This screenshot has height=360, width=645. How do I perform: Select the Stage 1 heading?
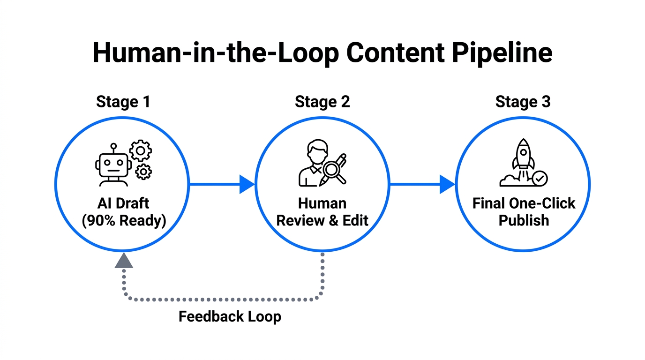[123, 102]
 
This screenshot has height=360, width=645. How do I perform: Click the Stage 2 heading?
[322, 102]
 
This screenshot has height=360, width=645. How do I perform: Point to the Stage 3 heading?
[523, 102]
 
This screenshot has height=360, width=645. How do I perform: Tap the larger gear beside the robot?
[141, 151]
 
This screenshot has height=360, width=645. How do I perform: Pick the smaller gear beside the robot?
[143, 172]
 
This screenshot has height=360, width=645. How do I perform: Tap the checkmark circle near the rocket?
[540, 178]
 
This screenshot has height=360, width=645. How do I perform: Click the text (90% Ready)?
[124, 220]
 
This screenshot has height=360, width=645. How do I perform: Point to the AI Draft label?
[123, 203]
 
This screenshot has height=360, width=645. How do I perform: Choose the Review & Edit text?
[322, 220]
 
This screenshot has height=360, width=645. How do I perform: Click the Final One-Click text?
[524, 203]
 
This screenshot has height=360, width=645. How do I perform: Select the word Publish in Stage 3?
[524, 220]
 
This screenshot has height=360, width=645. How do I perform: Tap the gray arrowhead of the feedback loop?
[124, 261]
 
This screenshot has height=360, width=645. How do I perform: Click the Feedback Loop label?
[230, 316]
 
